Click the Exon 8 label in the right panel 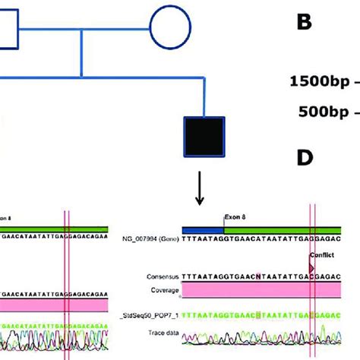pyautogui.click(x=236, y=216)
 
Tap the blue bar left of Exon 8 pyautogui.click(x=202, y=227)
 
